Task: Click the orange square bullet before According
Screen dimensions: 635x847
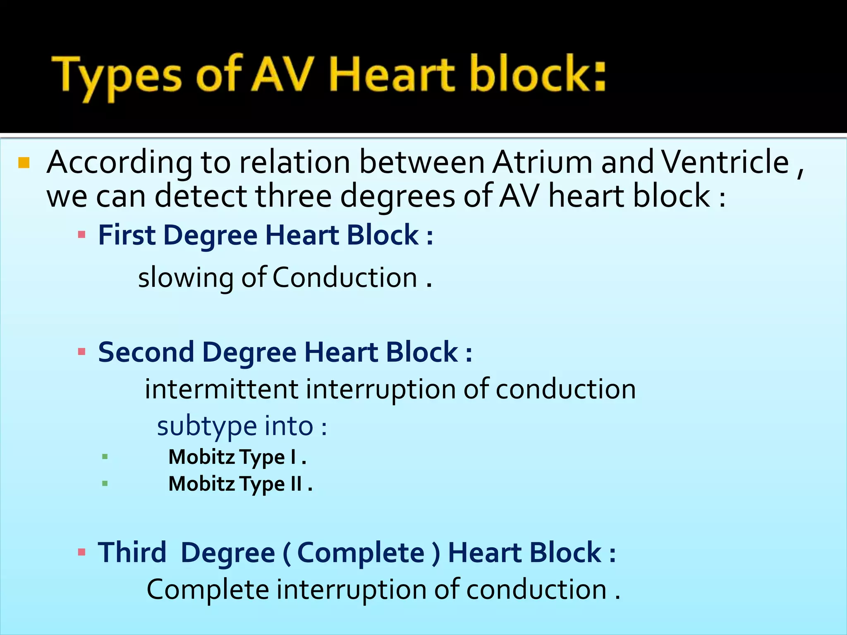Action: pyautogui.click(x=24, y=163)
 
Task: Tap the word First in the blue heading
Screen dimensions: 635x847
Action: pyautogui.click(x=127, y=235)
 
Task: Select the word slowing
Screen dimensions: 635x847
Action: pyautogui.click(x=185, y=278)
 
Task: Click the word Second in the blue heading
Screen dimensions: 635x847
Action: pyautogui.click(x=146, y=352)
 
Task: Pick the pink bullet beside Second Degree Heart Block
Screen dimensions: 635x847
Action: pyautogui.click(x=81, y=352)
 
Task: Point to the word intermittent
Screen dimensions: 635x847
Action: pyautogui.click(x=221, y=389)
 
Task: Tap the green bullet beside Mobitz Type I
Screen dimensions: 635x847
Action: pyautogui.click(x=105, y=457)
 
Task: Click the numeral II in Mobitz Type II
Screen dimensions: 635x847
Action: pyautogui.click(x=296, y=483)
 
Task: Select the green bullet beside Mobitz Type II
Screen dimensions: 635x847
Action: pyautogui.click(x=105, y=483)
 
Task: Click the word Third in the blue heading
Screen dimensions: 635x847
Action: pyautogui.click(x=132, y=553)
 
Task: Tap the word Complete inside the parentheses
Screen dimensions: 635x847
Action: pyautogui.click(x=361, y=553)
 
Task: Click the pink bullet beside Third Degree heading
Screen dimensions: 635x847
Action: pyautogui.click(x=81, y=552)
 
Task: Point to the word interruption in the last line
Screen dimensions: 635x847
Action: pyautogui.click(x=351, y=590)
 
